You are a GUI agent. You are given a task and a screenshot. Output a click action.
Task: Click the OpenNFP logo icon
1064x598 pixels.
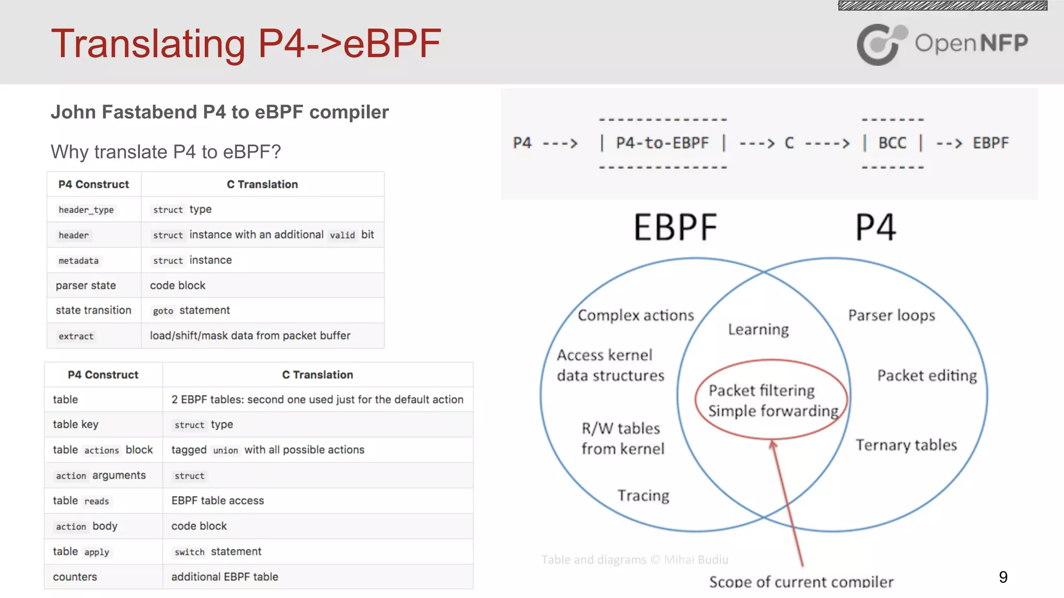coord(881,44)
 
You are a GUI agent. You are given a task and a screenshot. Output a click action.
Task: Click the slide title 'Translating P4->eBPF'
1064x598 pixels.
coord(246,44)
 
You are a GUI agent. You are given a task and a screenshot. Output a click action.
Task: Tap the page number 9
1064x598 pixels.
coord(1003,577)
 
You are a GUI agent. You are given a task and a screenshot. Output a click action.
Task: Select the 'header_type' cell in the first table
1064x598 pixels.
coord(86,210)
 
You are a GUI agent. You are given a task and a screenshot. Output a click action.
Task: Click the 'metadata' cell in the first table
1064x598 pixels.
coord(78,261)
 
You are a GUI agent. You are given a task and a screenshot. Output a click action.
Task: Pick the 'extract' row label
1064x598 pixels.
coord(76,336)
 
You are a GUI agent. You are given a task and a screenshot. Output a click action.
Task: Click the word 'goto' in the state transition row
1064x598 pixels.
coord(163,311)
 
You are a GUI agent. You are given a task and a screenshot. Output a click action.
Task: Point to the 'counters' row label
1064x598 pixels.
coord(75,577)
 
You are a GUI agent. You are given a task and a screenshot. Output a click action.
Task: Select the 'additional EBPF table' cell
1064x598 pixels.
coord(224,577)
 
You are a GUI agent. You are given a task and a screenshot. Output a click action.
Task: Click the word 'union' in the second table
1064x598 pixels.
coord(225,451)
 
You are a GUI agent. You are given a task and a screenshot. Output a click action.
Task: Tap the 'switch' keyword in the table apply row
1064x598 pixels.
coord(189,552)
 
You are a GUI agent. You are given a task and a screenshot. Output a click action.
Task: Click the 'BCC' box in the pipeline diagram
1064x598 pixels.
coord(892,143)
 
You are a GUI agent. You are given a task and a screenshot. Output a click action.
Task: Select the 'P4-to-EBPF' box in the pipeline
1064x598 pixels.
coord(662,143)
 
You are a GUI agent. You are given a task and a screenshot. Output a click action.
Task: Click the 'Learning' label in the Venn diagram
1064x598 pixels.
coord(758,329)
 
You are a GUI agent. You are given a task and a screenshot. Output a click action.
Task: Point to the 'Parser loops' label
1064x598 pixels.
coord(892,315)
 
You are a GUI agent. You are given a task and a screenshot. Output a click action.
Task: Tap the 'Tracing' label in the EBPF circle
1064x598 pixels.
coord(643,495)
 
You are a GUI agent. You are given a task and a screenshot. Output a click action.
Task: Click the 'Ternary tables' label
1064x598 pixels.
coord(906,445)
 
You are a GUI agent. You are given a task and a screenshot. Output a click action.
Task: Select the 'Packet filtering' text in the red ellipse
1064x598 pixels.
coord(761,390)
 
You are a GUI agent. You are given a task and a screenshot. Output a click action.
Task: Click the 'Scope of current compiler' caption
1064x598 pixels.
coord(801,582)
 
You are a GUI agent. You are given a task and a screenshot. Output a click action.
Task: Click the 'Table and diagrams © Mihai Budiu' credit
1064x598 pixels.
coord(634,560)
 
